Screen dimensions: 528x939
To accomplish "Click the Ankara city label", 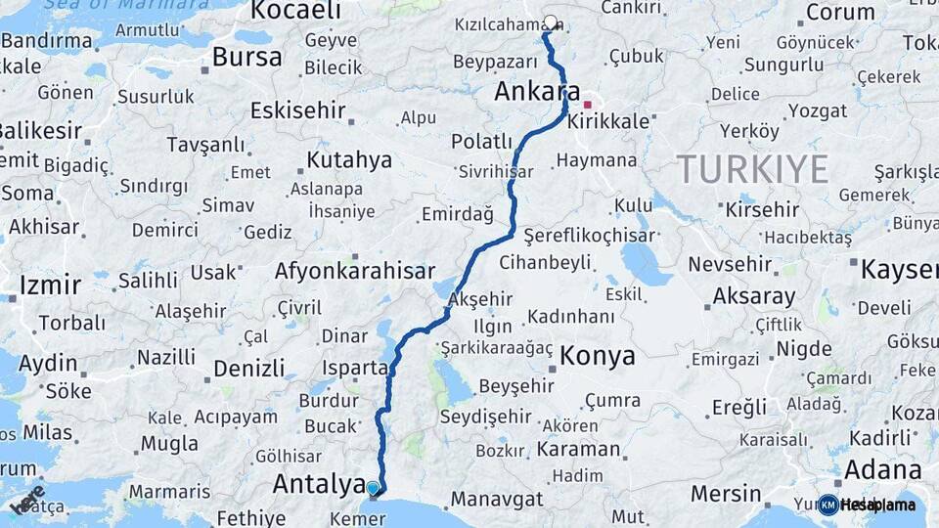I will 530,92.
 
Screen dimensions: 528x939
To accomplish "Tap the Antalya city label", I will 318,482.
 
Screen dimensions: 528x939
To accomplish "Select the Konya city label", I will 597,356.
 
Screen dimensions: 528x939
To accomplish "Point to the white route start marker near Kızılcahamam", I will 551,22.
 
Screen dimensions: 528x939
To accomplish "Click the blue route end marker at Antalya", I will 373,487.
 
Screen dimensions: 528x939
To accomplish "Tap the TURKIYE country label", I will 752,169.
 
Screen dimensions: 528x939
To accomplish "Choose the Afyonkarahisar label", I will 354,271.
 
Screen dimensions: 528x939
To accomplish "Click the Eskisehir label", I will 297,110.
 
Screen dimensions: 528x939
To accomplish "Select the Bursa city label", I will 246,57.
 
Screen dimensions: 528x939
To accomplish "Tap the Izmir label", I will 49,286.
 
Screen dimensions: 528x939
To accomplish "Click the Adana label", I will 883,467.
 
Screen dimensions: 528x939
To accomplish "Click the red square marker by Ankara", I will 588,104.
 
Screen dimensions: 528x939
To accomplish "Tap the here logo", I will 27,500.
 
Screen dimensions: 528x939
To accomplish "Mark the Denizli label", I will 248,369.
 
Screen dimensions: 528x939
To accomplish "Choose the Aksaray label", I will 753,295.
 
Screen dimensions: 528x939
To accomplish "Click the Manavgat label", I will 496,499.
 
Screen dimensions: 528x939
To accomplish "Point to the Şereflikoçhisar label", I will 588,237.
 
